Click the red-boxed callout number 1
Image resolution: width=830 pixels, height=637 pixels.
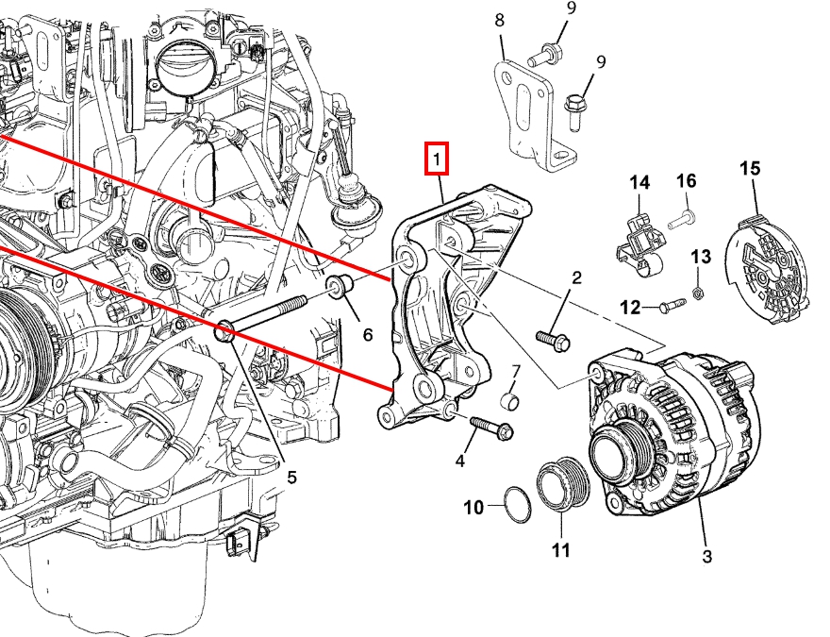(x=437, y=159)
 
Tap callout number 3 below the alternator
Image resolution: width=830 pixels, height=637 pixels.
(x=707, y=557)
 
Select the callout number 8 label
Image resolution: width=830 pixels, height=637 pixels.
(x=499, y=20)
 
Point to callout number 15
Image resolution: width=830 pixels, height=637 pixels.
(x=749, y=169)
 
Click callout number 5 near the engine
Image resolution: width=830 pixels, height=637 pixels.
(x=291, y=478)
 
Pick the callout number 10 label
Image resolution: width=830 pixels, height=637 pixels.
(x=473, y=508)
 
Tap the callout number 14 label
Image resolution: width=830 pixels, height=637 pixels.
(x=640, y=182)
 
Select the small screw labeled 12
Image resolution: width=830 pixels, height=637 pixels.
(x=672, y=305)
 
